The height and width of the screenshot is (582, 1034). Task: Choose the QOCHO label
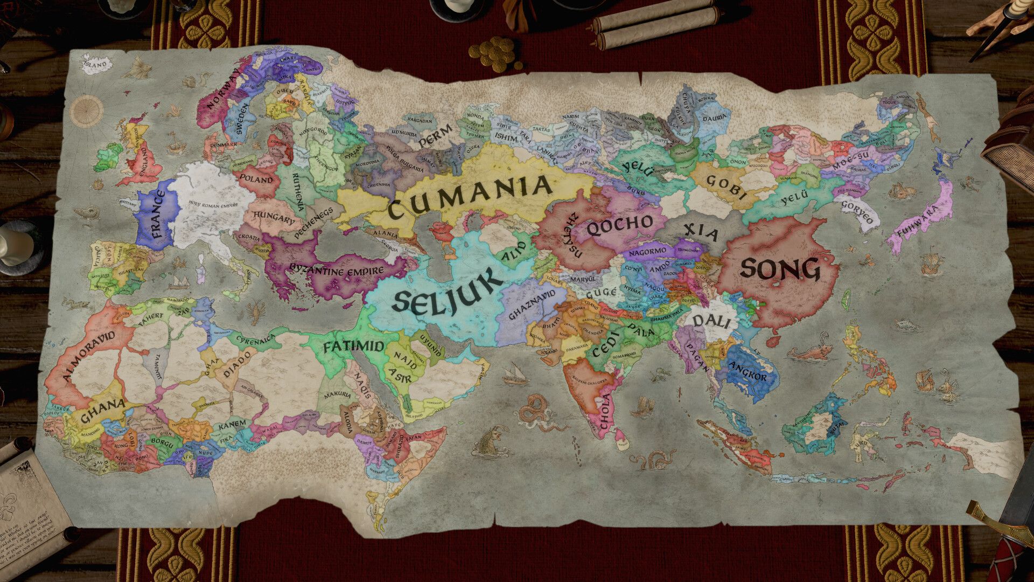click(619, 225)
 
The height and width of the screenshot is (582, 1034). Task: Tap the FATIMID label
click(354, 347)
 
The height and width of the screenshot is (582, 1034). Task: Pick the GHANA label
click(102, 412)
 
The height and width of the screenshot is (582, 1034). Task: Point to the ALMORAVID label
click(89, 356)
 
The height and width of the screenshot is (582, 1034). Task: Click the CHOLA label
click(605, 412)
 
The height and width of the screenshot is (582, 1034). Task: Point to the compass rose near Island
click(86, 110)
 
